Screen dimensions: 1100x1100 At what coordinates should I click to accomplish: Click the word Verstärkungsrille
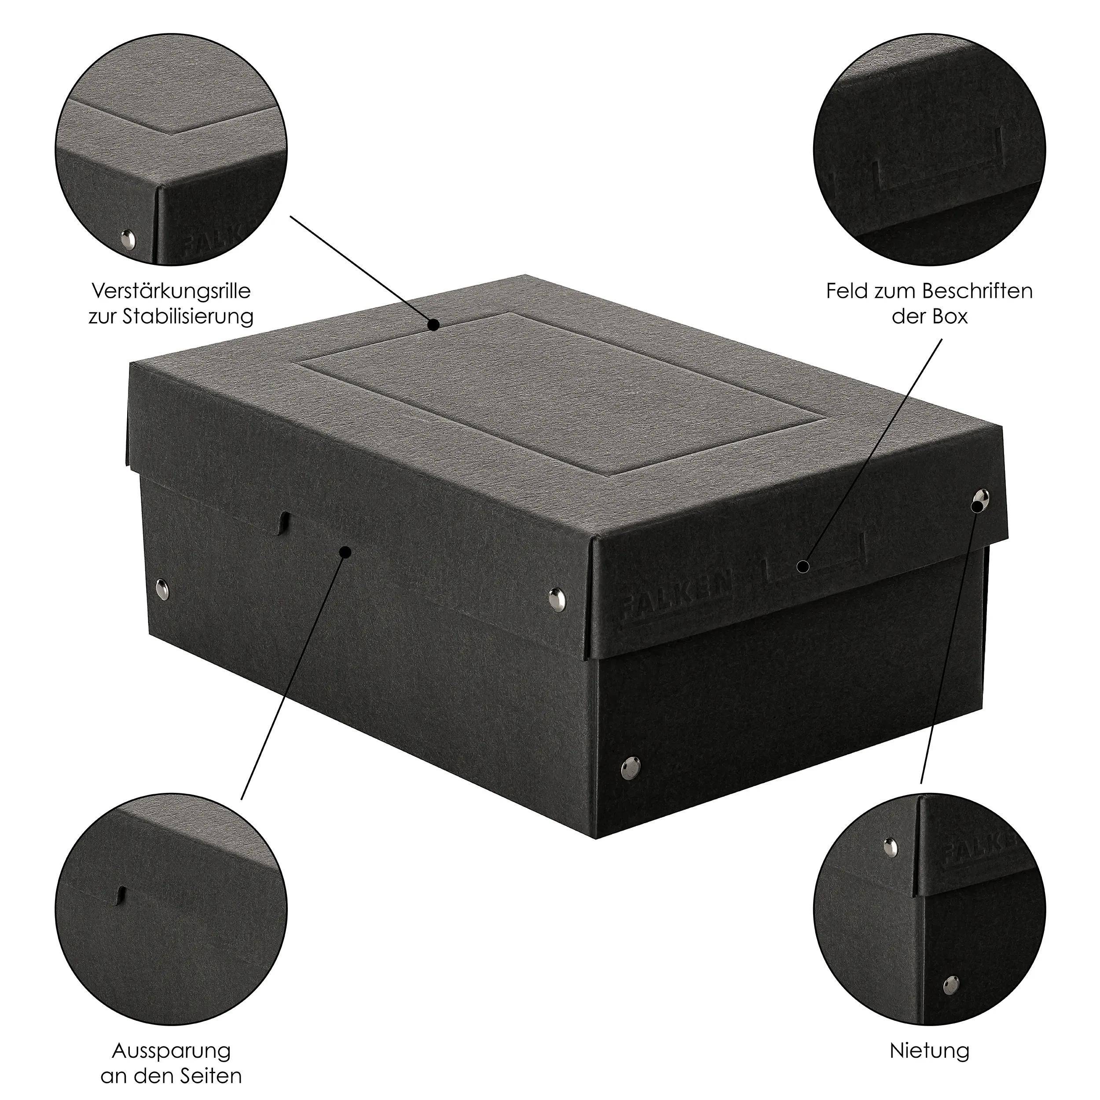pos(171,292)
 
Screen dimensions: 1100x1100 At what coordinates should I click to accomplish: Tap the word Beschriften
pos(977,292)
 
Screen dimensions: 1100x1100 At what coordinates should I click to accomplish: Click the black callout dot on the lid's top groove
pos(434,325)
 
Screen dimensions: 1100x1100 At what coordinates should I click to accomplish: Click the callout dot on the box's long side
pos(345,552)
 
